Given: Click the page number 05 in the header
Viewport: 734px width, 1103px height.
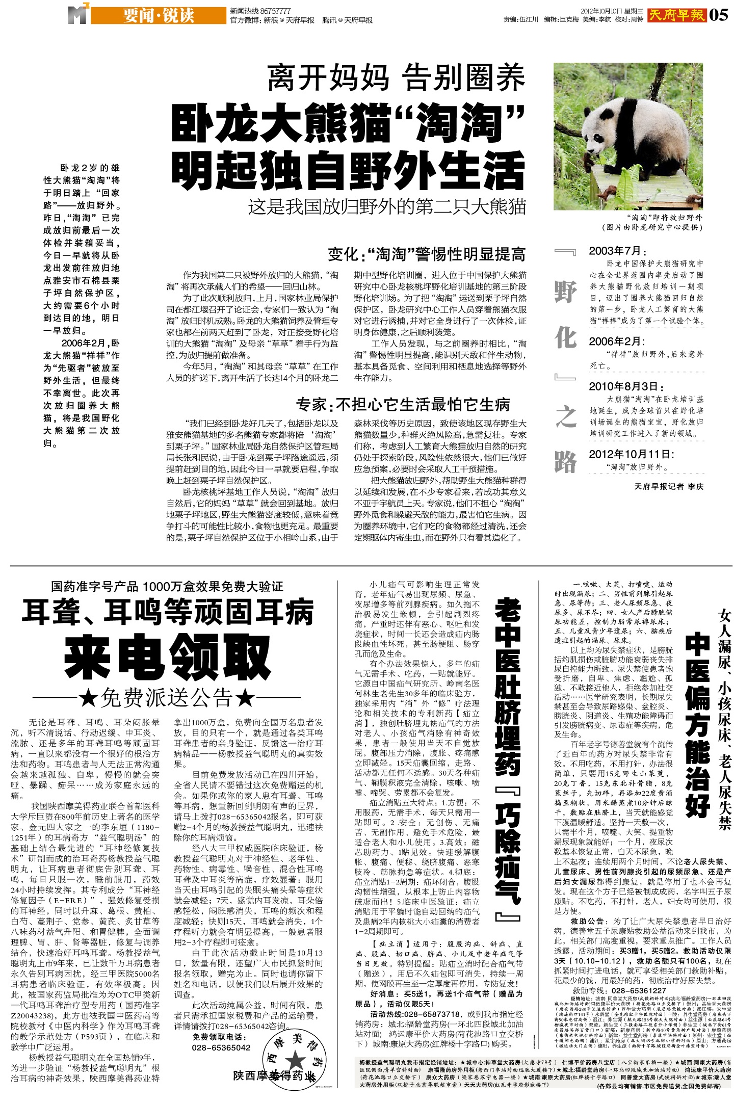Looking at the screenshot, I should pos(719,15).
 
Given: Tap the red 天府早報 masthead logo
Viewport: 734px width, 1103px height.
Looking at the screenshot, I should pos(677,15).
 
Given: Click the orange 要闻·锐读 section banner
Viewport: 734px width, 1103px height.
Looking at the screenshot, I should pos(158,16).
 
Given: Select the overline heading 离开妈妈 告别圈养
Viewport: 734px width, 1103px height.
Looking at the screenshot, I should pos(397,78).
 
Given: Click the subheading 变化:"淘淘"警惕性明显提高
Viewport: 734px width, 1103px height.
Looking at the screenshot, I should pos(426,254).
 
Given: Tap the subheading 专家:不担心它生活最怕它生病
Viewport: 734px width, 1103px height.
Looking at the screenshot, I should pos(403,405).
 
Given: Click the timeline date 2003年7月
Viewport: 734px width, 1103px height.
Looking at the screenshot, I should pos(618,251).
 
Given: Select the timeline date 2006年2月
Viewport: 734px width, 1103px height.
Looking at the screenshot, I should pos(617,342).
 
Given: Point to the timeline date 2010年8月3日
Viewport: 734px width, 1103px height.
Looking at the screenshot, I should pos(626,386).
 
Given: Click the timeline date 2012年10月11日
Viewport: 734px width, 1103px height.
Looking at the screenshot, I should pos(632,454).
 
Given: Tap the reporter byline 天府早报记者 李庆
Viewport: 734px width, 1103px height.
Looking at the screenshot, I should pos(669,486).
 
